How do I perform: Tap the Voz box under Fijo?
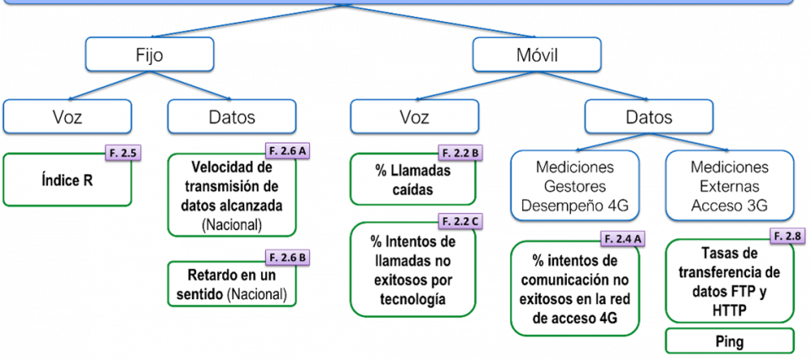tap(67, 117)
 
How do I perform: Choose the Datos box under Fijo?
tap(231, 117)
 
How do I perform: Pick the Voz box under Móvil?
tap(413, 117)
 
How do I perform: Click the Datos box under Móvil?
tap(649, 117)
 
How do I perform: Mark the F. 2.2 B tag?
tap(460, 153)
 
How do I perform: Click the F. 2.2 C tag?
tap(460, 221)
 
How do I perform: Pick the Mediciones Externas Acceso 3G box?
tap(729, 185)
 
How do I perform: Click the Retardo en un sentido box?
tap(231, 285)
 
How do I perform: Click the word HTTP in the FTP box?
tap(729, 311)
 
